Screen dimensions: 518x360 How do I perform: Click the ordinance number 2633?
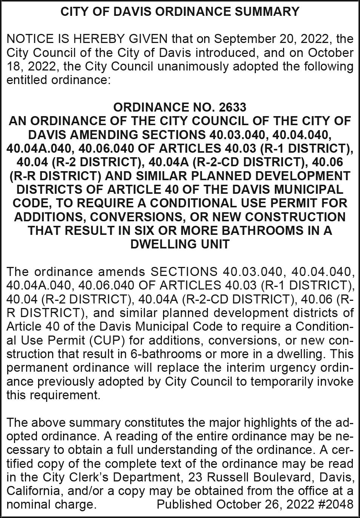pyautogui.click(x=232, y=107)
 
